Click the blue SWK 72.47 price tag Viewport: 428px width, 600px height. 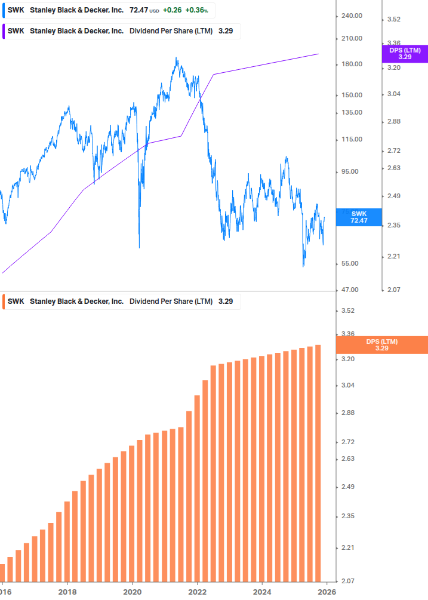click(359, 217)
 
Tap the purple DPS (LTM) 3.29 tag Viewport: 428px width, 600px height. click(405, 54)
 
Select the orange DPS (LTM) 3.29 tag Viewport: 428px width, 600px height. click(382, 344)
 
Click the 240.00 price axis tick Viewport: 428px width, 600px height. click(350, 16)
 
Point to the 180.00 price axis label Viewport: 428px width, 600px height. click(350, 64)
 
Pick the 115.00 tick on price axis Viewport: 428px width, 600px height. click(350, 139)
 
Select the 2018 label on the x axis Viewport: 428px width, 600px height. click(67, 592)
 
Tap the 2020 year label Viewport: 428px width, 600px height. click(132, 592)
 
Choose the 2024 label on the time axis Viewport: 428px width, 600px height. click(261, 592)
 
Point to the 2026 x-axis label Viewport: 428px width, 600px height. click(325, 592)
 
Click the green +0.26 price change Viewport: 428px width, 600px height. click(173, 10)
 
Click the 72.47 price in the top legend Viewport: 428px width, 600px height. click(138, 10)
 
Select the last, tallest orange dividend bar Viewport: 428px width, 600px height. click(318, 463)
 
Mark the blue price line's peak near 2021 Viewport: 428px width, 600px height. click(176, 59)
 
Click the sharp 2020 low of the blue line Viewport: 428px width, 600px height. click(139, 247)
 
